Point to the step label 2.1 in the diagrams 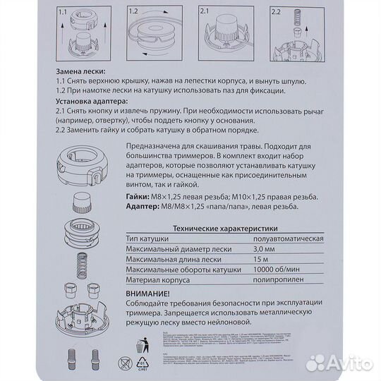[208, 10]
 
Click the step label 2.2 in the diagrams [277, 10]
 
